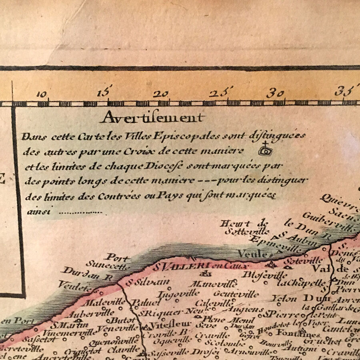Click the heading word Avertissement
pos(152,118)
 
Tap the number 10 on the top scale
pos(42,94)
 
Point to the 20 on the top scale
pos(161,94)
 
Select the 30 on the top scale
pos(276,94)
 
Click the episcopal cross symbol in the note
pos(264,150)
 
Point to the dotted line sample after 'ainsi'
pos(80,212)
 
